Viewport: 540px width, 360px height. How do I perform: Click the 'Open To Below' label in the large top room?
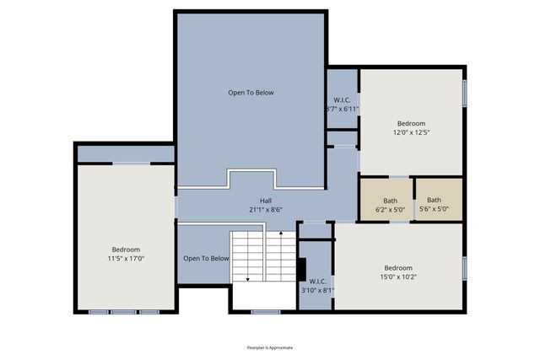[x=251, y=92]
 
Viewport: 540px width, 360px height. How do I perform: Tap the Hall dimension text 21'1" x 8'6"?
[x=265, y=209]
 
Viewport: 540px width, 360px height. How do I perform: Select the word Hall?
[x=265, y=200]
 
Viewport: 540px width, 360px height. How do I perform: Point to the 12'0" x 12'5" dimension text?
[x=412, y=131]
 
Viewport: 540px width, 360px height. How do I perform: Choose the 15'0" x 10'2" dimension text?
[x=398, y=277]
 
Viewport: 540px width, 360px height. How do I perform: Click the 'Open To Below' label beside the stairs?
[x=206, y=258]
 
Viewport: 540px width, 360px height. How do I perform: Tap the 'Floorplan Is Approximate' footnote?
[x=269, y=347]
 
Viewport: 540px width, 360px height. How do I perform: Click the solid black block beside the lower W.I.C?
[x=300, y=266]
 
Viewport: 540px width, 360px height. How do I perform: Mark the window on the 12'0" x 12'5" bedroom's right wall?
[x=464, y=92]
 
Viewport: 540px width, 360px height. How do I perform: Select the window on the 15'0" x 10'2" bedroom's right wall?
[x=464, y=268]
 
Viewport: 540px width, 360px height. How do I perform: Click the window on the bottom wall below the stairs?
[x=265, y=312]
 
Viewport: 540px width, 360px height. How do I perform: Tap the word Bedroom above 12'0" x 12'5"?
[x=412, y=121]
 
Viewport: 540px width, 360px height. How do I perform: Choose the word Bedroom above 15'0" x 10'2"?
[x=398, y=267]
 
